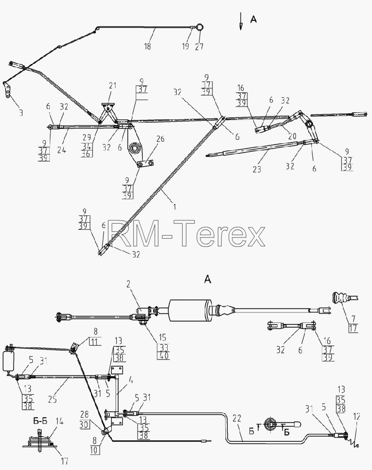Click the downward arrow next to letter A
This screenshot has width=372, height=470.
tap(240, 22)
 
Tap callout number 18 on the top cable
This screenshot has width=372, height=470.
tap(147, 46)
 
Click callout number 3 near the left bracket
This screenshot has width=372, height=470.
tap(21, 113)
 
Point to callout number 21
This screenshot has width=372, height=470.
tap(113, 86)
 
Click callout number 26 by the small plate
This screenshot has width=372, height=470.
tap(161, 139)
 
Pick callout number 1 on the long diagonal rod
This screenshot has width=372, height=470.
tap(175, 206)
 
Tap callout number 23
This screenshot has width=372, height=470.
tap(256, 169)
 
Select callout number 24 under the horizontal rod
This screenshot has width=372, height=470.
tap(62, 150)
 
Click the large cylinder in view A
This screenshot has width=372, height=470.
tap(190, 311)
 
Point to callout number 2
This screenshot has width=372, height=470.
tap(129, 284)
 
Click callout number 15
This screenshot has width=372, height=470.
tap(163, 337)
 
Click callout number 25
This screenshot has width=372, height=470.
tap(53, 399)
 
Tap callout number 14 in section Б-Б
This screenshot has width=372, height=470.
tap(60, 422)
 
